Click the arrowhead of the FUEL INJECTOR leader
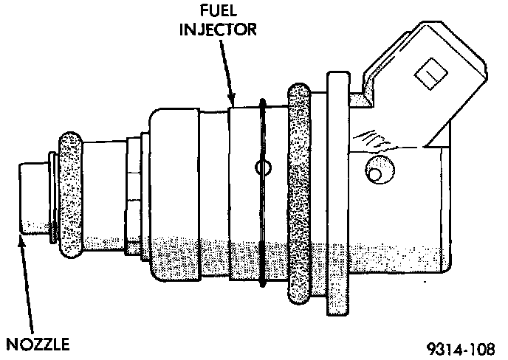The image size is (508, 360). tap(231, 103)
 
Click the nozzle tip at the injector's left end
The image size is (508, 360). tap(32, 199)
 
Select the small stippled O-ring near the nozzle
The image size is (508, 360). tap(72, 193)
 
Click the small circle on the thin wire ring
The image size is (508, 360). tap(262, 167)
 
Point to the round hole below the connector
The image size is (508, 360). tap(377, 172)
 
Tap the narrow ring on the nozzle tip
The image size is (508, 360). tap(54, 197)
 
